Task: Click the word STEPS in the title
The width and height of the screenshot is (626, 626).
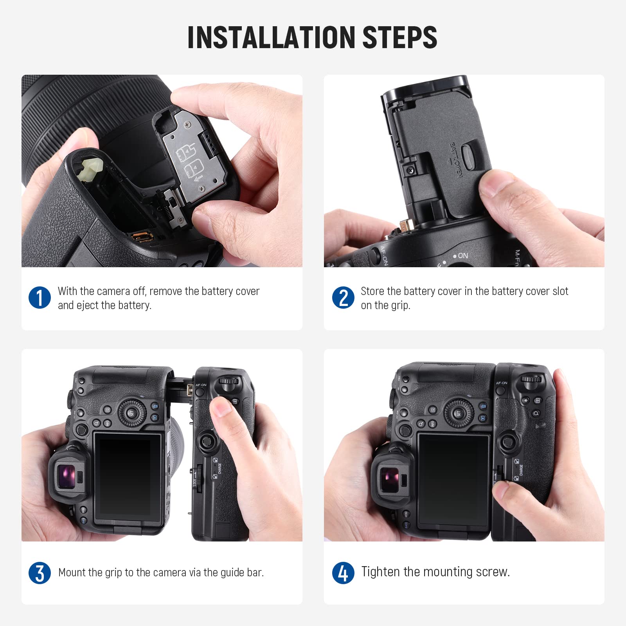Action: click(x=399, y=37)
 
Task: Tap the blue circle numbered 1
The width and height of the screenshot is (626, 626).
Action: click(x=40, y=297)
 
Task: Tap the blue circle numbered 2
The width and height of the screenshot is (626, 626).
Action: click(x=343, y=297)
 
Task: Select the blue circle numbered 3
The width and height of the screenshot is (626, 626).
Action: click(x=40, y=573)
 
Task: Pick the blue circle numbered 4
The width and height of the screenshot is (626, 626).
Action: click(x=343, y=573)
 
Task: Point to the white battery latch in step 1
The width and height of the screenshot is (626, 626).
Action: click(x=90, y=170)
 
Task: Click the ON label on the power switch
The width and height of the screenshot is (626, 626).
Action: click(x=463, y=255)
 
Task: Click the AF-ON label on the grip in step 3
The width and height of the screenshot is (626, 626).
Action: click(x=201, y=385)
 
